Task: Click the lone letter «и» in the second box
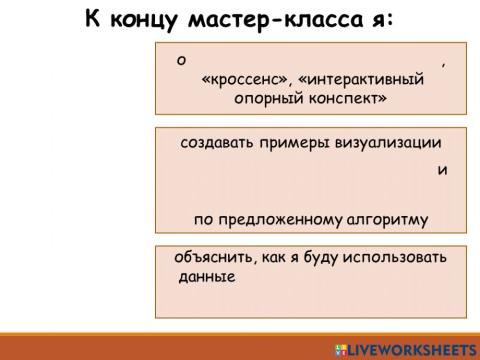pyautogui.click(x=442, y=170)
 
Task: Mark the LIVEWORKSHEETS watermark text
pyautogui.click(x=411, y=349)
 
